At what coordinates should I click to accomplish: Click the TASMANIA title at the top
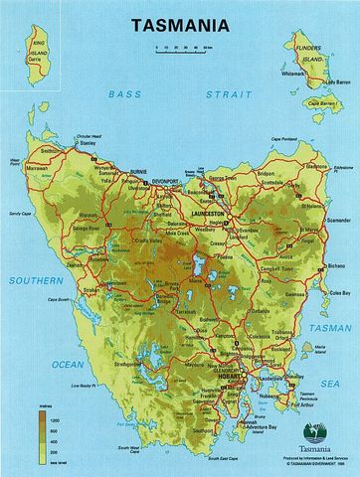(x=181, y=19)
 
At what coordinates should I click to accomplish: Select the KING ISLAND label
(x=39, y=45)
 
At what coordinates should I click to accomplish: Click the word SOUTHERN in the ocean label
(x=35, y=280)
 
